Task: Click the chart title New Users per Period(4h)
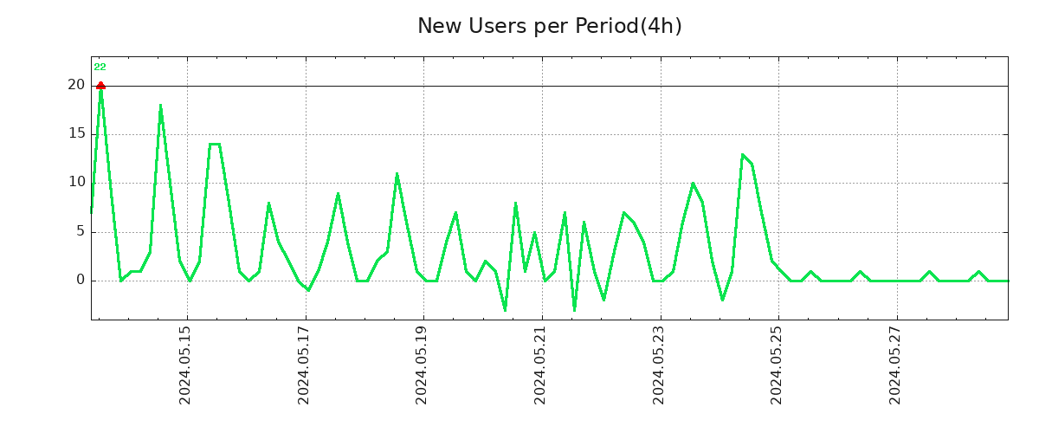click(549, 27)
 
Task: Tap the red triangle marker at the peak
click(100, 85)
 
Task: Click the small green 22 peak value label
click(100, 68)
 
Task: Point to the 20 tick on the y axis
click(76, 85)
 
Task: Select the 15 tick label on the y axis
click(76, 133)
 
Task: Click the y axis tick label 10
click(76, 182)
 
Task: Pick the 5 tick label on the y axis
click(80, 231)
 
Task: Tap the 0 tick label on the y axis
click(80, 280)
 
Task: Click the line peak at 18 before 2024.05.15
click(160, 106)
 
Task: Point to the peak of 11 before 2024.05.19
click(397, 173)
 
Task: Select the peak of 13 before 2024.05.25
click(742, 154)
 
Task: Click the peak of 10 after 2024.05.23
click(693, 184)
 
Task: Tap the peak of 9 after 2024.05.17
click(338, 193)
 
